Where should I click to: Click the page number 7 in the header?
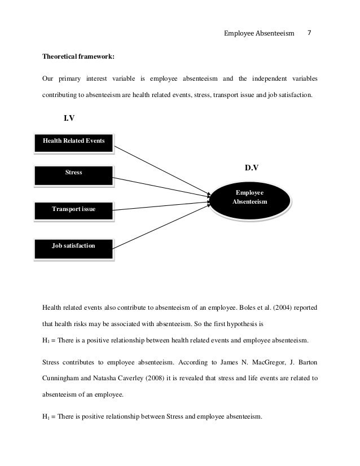[x=310, y=34]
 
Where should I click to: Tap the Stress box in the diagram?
[x=73, y=173]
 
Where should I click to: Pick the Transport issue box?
[x=73, y=209]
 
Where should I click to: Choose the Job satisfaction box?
[x=73, y=245]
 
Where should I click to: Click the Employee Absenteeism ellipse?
[x=251, y=197]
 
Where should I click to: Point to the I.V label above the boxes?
[x=69, y=118]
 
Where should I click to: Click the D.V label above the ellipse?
[x=251, y=168]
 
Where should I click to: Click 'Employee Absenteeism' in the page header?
[x=260, y=34]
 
